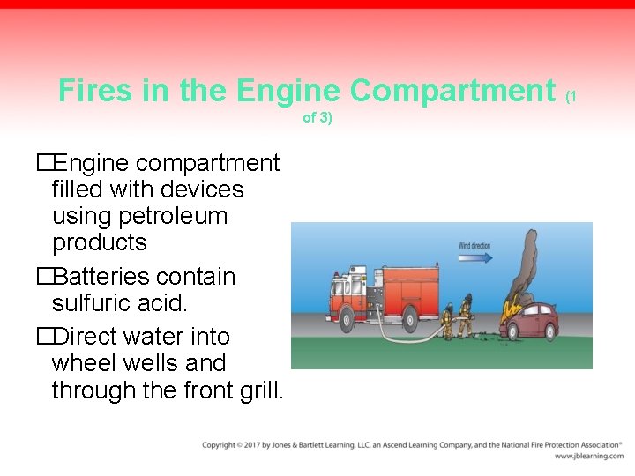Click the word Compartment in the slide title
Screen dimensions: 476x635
452,91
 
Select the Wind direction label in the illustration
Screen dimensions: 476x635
474,245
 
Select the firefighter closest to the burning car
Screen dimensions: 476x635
465,316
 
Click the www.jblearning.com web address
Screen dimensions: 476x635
588,457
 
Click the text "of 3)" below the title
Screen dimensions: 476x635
317,118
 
